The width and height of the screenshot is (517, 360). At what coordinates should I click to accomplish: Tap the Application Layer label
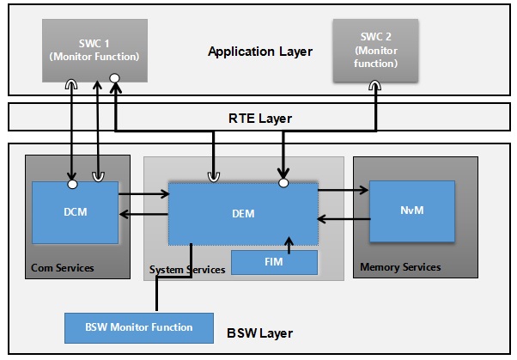tap(260, 52)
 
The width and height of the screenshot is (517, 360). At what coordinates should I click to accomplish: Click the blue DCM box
tap(75, 212)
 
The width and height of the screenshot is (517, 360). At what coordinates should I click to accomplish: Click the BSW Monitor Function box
tap(139, 326)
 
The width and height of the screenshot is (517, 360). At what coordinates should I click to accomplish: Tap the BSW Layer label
tap(258, 333)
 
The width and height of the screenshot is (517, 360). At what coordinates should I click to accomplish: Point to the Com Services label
tap(62, 268)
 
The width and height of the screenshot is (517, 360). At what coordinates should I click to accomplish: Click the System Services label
tap(187, 270)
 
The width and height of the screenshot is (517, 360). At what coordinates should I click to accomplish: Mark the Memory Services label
tap(400, 267)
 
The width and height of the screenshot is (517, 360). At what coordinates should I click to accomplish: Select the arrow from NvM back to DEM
tap(344, 218)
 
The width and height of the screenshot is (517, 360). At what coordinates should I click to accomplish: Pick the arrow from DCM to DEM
tap(143, 195)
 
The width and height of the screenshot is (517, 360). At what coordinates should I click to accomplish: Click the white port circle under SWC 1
tap(114, 78)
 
